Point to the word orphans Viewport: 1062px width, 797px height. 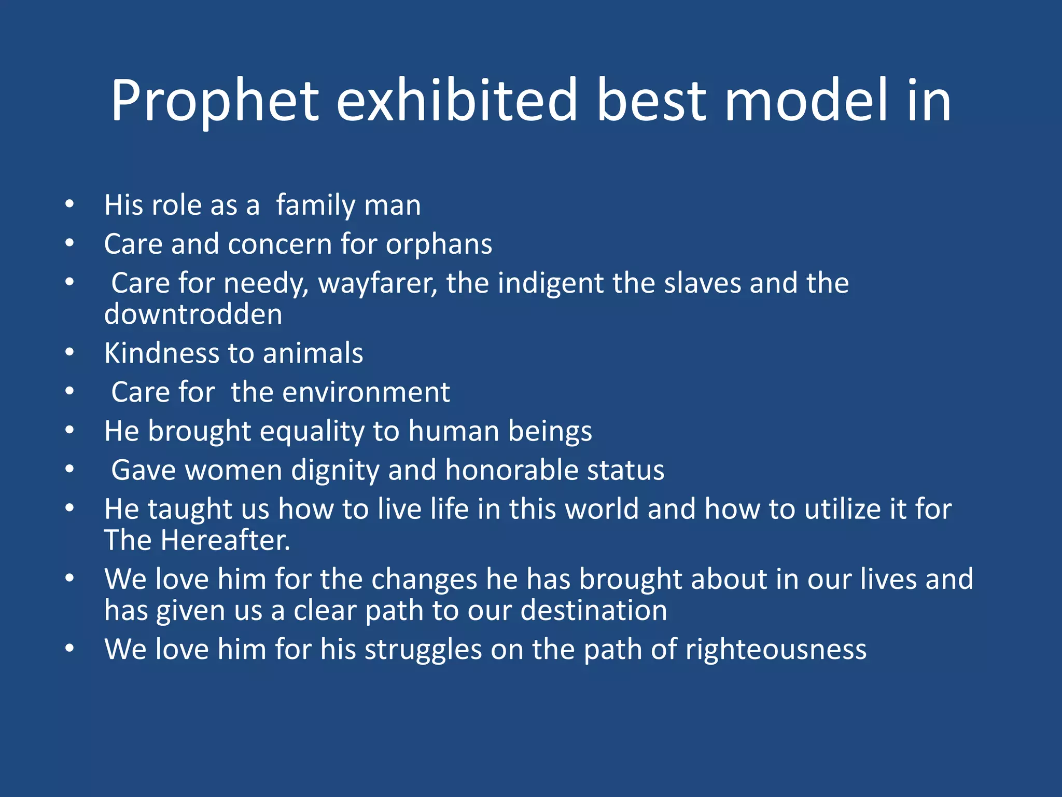[x=439, y=244]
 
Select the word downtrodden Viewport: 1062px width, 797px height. [x=193, y=314]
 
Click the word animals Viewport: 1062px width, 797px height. [x=313, y=353]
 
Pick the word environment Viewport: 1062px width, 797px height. [x=366, y=392]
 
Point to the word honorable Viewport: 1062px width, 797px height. [x=511, y=470]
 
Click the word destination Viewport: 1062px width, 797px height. [x=594, y=610]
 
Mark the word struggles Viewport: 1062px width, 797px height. [x=423, y=650]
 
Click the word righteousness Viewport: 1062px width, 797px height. [x=776, y=650]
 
